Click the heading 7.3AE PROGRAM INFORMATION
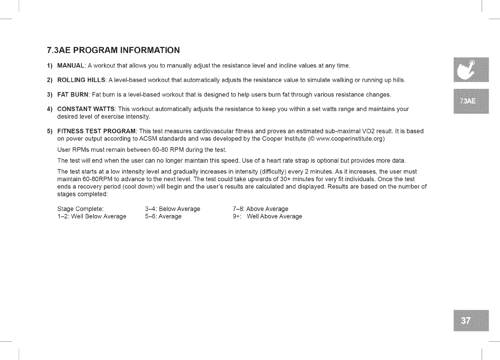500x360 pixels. (x=113, y=50)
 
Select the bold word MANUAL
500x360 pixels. (x=71, y=65)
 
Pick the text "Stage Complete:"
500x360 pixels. (x=80, y=209)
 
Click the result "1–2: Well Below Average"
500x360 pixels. (x=92, y=217)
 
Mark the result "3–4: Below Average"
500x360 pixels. (x=172, y=209)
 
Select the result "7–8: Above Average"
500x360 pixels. (x=260, y=209)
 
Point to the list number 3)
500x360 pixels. (x=50, y=95)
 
